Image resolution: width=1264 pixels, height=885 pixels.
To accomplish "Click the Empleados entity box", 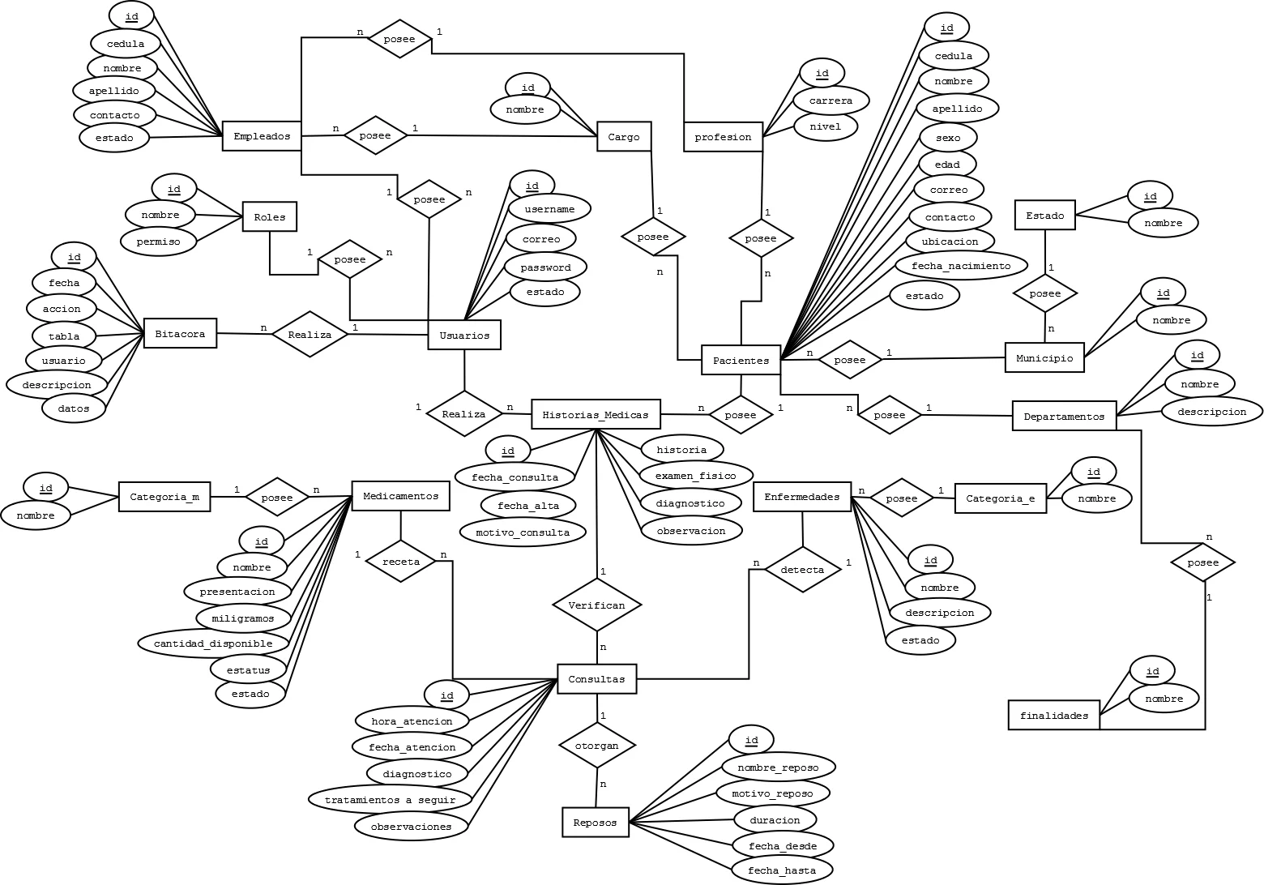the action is [262, 136].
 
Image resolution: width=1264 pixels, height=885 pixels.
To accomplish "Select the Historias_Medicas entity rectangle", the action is [596, 415].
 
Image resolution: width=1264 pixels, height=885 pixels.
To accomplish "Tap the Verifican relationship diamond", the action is [596, 605].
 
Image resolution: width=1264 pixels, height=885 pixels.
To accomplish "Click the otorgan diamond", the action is [597, 746].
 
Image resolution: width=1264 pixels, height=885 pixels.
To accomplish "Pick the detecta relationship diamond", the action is [802, 570].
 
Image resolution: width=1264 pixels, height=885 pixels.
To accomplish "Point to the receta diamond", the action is [401, 562].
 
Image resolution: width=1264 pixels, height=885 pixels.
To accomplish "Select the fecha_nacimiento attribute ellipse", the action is [961, 266].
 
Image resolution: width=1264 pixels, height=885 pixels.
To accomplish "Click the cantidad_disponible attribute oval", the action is [213, 643].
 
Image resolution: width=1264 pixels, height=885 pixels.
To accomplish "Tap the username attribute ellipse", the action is [549, 209].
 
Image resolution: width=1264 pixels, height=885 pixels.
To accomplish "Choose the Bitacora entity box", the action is [180, 334].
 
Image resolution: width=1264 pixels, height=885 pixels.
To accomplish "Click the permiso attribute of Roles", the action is [159, 242].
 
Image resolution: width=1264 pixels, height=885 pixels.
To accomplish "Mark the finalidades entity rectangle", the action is [1054, 715].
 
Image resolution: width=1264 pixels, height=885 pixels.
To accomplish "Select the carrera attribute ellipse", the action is [831, 100].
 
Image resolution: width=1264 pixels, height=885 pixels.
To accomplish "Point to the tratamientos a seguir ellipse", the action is [390, 800].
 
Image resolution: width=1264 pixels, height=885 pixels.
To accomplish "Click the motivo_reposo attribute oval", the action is [772, 793].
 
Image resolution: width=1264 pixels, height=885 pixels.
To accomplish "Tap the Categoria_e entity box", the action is [1001, 498].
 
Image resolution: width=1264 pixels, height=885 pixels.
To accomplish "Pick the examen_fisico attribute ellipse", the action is [696, 476].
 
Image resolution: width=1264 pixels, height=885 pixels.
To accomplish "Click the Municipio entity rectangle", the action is [1044, 357].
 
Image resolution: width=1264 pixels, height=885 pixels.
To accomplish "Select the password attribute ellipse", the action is [545, 267].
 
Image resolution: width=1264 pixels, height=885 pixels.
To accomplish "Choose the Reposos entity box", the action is [596, 823].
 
